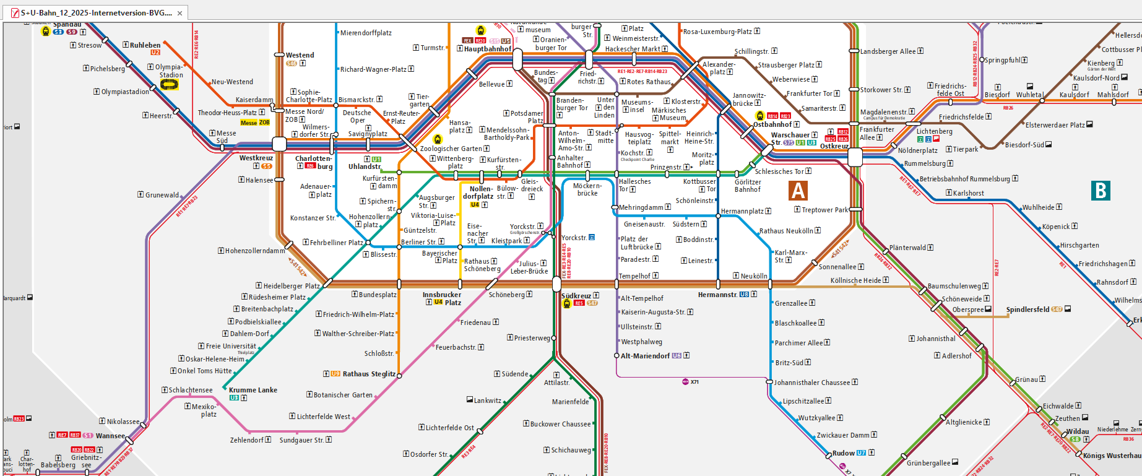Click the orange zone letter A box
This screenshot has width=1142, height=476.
pos(798,190)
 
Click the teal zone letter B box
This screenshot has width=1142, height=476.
pos(1101,190)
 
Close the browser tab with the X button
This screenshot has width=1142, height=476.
pos(180,13)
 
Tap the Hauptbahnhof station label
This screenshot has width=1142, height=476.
pos(488,49)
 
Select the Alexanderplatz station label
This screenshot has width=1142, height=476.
pos(719,67)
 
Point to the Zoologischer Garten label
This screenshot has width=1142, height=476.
pos(451,149)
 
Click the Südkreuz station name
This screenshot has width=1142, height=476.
pos(576,296)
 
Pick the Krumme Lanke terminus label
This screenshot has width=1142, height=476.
pos(253,390)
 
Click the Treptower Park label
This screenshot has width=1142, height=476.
pos(825,210)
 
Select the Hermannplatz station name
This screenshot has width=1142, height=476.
pos(742,211)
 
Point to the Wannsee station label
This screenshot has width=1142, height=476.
pos(110,436)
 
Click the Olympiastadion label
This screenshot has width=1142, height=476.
pos(125,92)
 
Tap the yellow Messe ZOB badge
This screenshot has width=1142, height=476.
pos(255,123)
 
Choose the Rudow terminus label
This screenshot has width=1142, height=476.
pos(843,453)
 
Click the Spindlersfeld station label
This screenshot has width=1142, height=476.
pos(1027,309)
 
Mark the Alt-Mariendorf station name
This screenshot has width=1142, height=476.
pos(645,356)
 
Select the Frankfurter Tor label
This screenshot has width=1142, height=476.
pos(809,93)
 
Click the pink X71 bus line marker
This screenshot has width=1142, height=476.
pos(690,382)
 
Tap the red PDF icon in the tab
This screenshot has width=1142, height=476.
pos(15,13)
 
